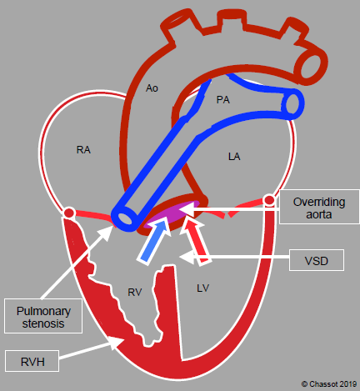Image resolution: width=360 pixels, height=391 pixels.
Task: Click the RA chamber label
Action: pyautogui.click(x=83, y=150)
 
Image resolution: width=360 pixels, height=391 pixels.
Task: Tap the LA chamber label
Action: pyautogui.click(x=234, y=157)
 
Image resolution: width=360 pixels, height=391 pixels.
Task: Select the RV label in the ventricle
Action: pyautogui.click(x=135, y=292)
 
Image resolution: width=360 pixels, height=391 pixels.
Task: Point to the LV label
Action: pyautogui.click(x=202, y=288)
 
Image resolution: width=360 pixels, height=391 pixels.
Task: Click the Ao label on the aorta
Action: pyautogui.click(x=152, y=88)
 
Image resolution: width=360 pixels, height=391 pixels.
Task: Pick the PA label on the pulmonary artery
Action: pyautogui.click(x=223, y=100)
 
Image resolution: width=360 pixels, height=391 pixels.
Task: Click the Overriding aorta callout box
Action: pyautogui.click(x=319, y=207)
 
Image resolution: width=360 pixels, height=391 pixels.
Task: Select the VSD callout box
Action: pyautogui.click(x=317, y=260)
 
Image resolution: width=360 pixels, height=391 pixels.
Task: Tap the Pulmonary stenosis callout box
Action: pyautogui.click(x=43, y=316)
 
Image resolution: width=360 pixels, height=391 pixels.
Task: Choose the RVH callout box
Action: pyautogui.click(x=32, y=361)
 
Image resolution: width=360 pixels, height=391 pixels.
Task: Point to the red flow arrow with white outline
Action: pyautogui.click(x=196, y=241)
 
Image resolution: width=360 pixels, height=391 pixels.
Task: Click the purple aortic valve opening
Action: pyautogui.click(x=173, y=214)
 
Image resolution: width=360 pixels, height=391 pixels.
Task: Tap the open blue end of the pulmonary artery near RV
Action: pyautogui.click(x=126, y=218)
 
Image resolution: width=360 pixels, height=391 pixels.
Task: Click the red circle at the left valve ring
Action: pyautogui.click(x=69, y=213)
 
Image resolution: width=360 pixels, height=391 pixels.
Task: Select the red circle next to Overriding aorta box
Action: pyautogui.click(x=269, y=200)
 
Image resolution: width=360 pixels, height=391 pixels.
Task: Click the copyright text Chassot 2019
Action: pyautogui.click(x=329, y=384)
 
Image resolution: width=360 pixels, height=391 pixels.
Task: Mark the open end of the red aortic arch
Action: pyautogui.click(x=311, y=67)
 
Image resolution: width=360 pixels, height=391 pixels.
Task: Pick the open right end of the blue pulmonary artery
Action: pyautogui.click(x=292, y=104)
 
